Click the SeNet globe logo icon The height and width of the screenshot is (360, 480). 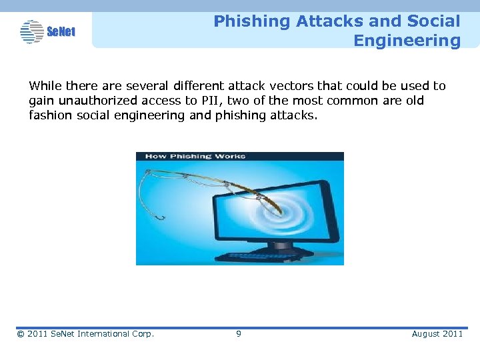point(31,31)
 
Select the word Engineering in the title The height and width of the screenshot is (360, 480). point(407,41)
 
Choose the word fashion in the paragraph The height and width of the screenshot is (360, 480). point(48,115)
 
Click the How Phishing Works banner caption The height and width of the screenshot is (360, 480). point(195,157)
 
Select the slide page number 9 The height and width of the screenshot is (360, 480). point(239,333)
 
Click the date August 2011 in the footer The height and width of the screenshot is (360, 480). point(437,333)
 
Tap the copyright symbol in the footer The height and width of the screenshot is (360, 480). point(21,333)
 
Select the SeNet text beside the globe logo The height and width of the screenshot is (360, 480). point(61,31)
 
